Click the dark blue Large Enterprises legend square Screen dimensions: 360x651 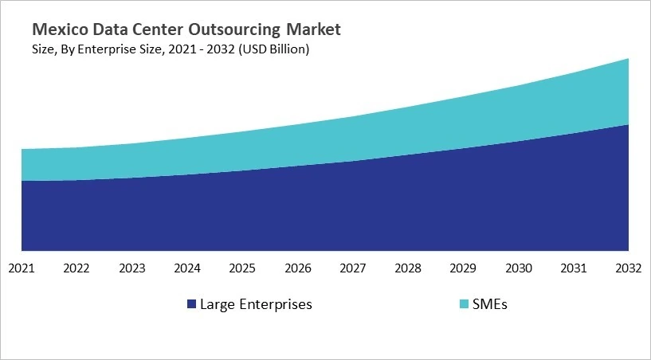click(191, 304)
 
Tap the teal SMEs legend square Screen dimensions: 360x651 click(466, 304)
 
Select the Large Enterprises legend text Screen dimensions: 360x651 click(256, 304)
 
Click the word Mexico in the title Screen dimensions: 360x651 click(57, 30)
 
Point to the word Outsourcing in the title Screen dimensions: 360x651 click(236, 30)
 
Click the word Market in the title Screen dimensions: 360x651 click(313, 30)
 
